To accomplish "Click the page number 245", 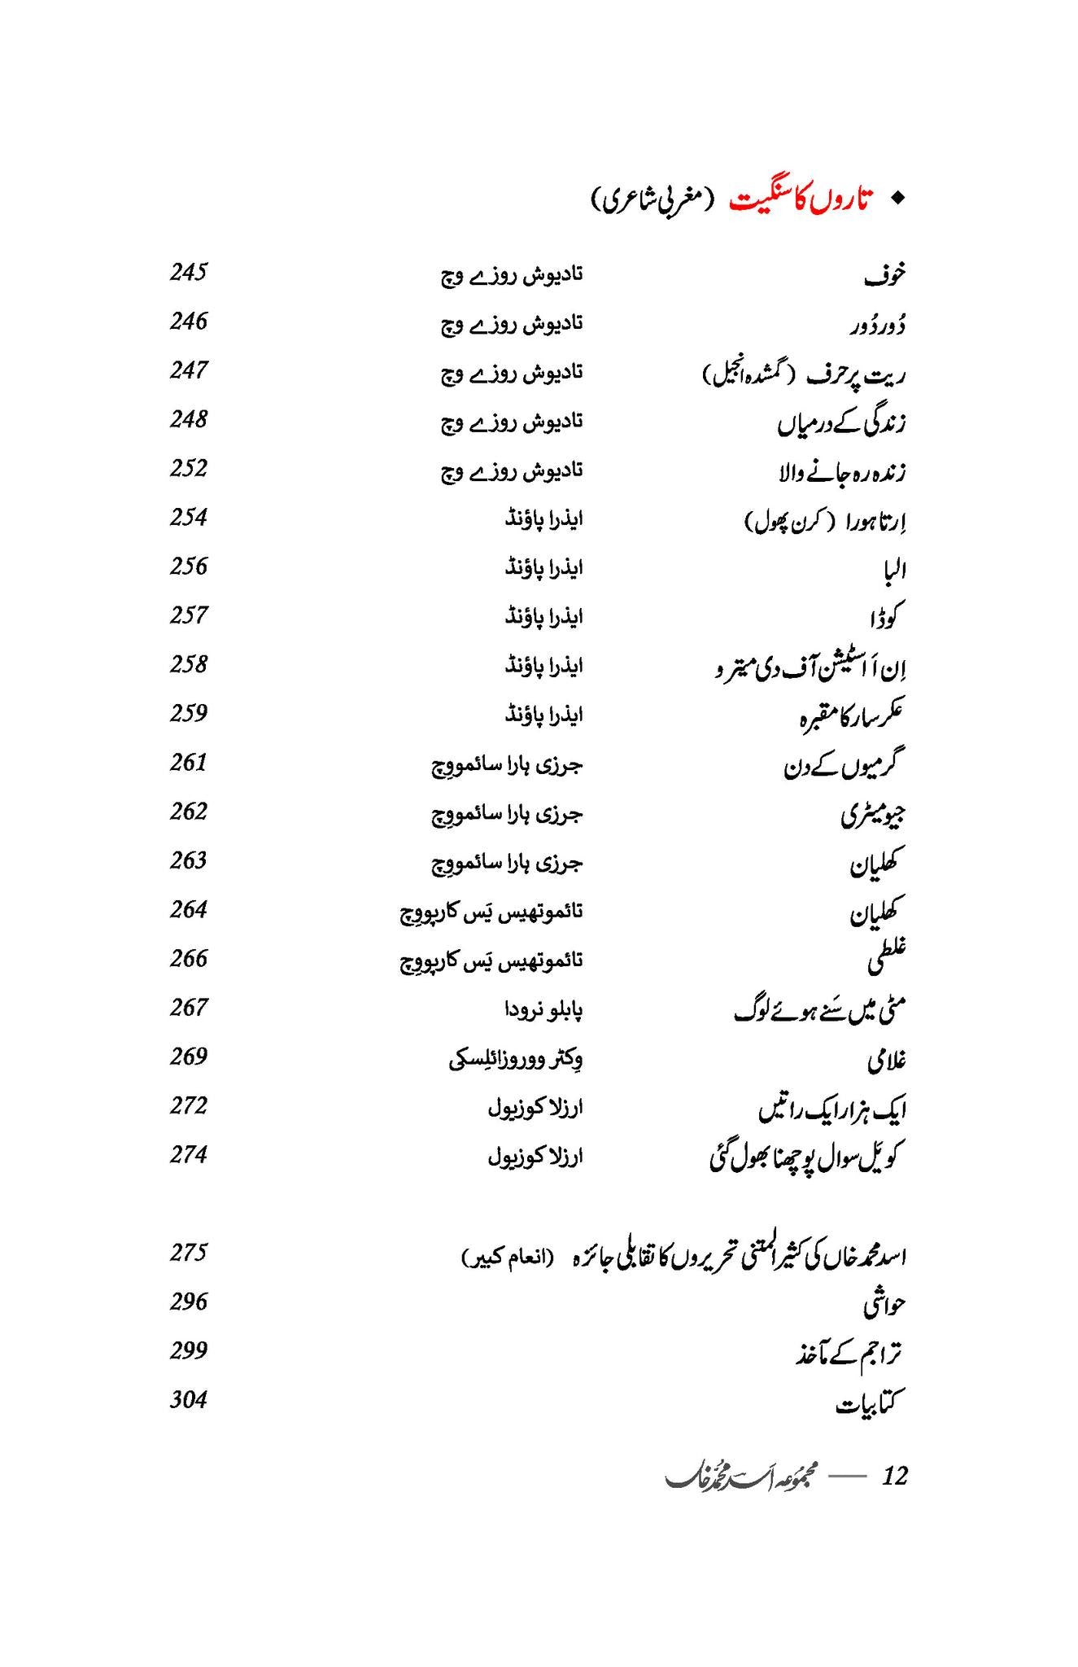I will [189, 272].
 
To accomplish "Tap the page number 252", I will [189, 468].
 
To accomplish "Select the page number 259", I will [189, 713].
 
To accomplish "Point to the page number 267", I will [189, 1008].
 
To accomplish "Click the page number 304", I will [189, 1400].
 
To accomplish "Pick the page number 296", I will [189, 1302].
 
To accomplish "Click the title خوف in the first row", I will [884, 276].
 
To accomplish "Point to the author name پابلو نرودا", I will [543, 1010].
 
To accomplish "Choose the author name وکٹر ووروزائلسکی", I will [516, 1059].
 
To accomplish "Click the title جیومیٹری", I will [873, 815].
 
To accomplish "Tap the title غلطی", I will [886, 960].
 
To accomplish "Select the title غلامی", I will [886, 1061].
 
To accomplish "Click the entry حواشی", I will [884, 1305].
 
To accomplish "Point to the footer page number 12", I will [894, 1476].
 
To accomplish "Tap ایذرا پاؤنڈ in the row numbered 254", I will [543, 518].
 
